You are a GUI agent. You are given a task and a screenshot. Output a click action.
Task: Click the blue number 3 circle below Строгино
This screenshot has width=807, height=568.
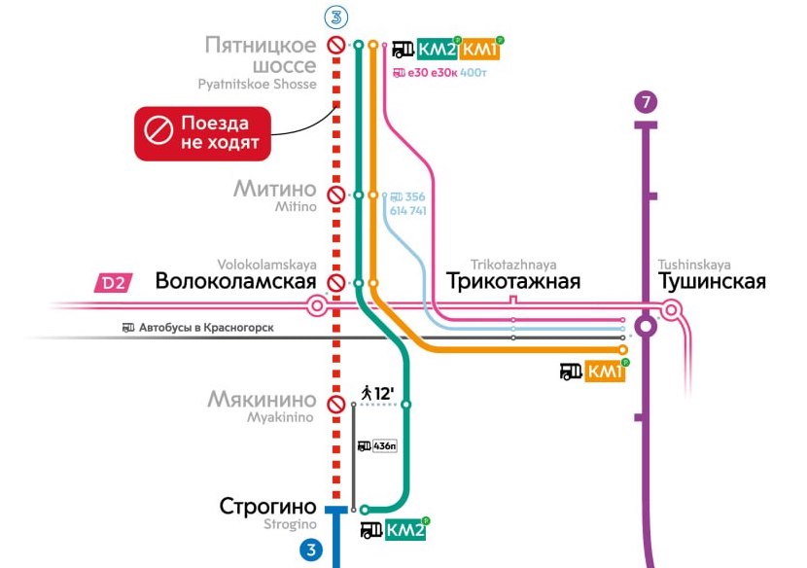(x=311, y=550)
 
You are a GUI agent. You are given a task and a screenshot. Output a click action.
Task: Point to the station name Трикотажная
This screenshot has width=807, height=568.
(x=513, y=282)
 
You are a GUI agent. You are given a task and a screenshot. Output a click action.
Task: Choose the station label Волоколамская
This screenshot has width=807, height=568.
(x=235, y=282)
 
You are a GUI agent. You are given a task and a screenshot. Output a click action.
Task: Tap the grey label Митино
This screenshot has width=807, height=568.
(x=275, y=188)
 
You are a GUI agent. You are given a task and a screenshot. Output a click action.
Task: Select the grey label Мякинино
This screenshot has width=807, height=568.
(x=262, y=400)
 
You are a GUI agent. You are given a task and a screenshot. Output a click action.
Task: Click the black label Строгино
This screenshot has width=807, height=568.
(x=268, y=507)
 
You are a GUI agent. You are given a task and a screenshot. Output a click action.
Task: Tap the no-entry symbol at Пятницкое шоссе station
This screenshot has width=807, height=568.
(x=335, y=45)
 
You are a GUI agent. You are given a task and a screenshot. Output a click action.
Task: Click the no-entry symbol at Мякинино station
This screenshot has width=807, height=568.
(x=335, y=404)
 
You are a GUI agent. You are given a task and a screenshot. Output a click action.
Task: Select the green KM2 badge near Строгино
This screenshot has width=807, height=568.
(x=405, y=530)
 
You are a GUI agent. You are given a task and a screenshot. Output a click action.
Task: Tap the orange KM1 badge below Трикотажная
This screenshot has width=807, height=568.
(x=605, y=372)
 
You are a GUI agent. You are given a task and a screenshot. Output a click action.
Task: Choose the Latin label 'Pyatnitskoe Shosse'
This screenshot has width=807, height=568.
(x=257, y=85)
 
